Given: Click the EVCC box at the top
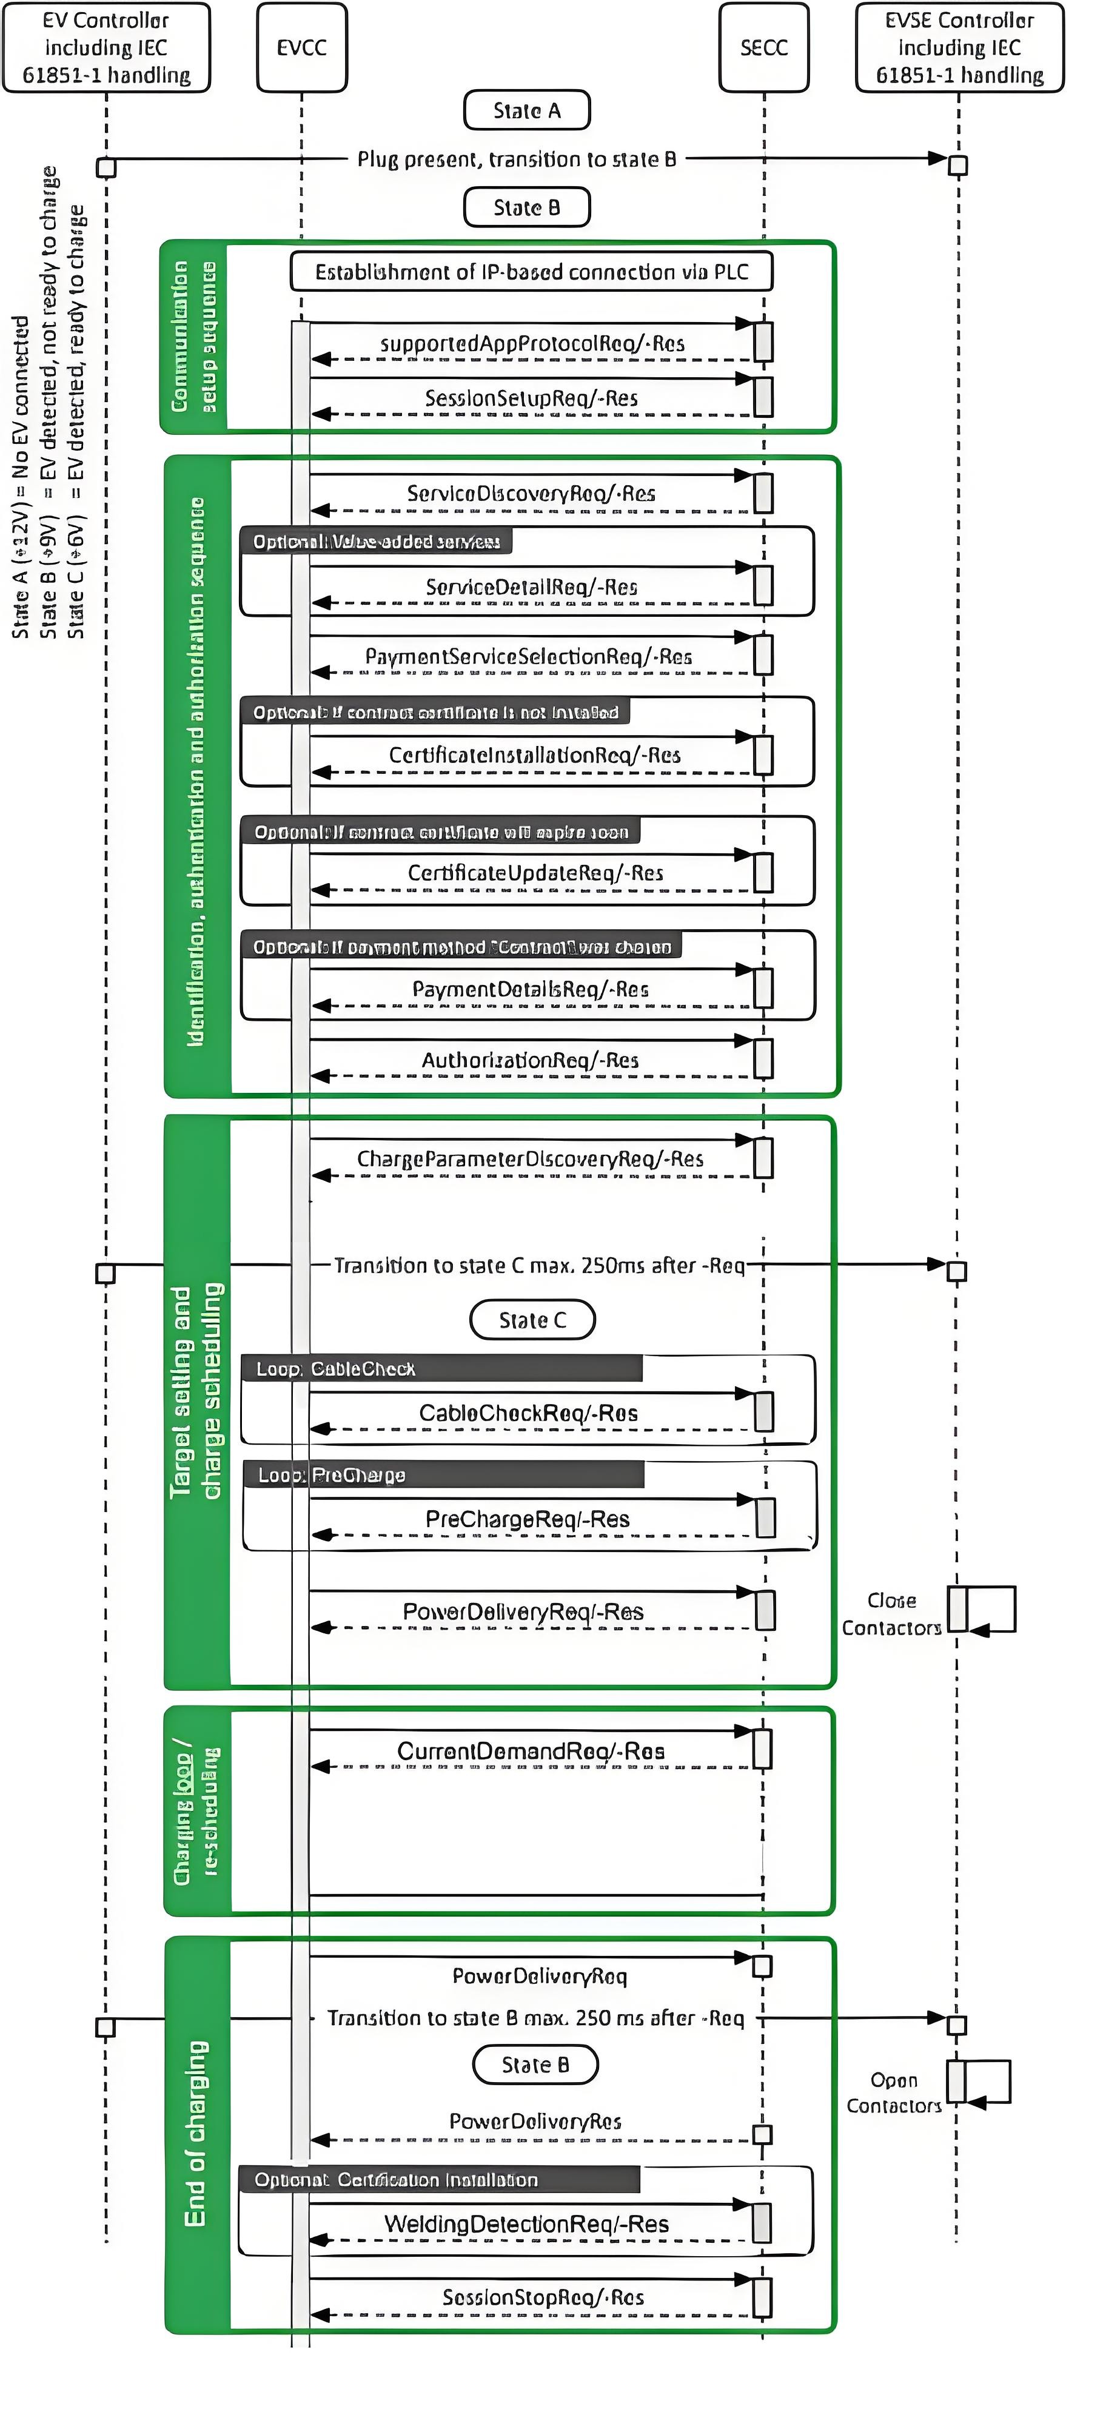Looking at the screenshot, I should (301, 48).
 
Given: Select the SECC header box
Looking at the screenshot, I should (763, 48).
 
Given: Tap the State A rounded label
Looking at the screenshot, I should (526, 110).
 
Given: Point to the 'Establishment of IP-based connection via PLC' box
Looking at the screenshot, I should (531, 272).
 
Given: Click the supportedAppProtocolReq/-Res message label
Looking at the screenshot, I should (532, 344).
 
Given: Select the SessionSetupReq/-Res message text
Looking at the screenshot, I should (531, 398).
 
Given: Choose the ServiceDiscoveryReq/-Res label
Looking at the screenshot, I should (531, 494).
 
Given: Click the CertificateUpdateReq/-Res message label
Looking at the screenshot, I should (535, 873).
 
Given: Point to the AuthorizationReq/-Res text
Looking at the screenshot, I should (530, 1060).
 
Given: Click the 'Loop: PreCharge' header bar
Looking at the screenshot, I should (443, 1475).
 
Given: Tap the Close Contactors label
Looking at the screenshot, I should (891, 1614).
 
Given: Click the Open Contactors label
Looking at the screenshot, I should (893, 2092).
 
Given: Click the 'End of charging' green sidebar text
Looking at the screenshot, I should (196, 2133).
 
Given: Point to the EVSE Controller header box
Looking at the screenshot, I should (959, 48).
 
